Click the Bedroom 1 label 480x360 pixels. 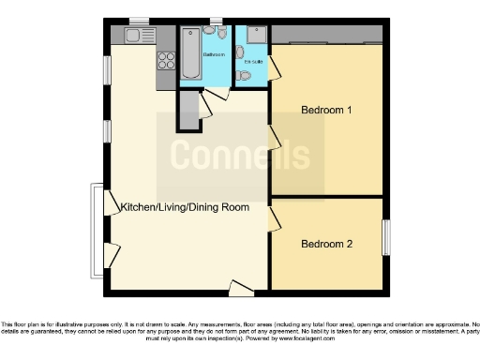(326, 110)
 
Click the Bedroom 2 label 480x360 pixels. (326, 244)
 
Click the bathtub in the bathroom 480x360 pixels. (190, 53)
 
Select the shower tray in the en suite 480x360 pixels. (255, 36)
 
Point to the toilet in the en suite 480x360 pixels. (242, 75)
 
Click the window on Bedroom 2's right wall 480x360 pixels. (385, 236)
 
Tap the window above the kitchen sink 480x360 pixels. (139, 20)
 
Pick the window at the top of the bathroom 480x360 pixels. (217, 20)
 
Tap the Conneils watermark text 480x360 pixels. (238, 154)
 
